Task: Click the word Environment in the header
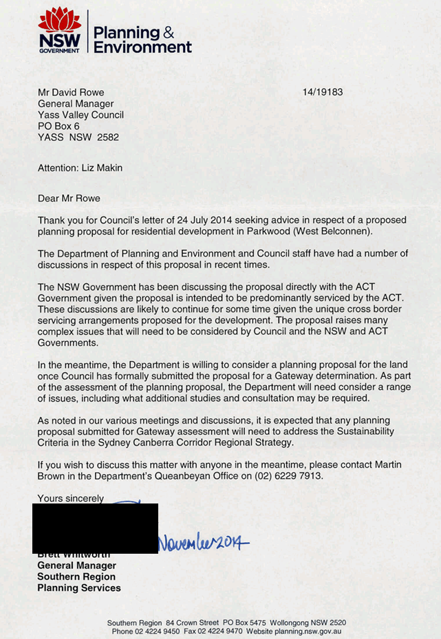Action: point(142,47)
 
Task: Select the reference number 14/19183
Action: point(322,92)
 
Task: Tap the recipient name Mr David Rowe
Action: point(71,92)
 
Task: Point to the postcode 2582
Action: point(107,137)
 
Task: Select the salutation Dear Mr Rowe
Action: point(69,198)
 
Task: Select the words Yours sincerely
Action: point(71,498)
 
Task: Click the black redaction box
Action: point(95,528)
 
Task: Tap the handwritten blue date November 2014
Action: point(204,543)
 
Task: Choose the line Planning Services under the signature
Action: point(78,588)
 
